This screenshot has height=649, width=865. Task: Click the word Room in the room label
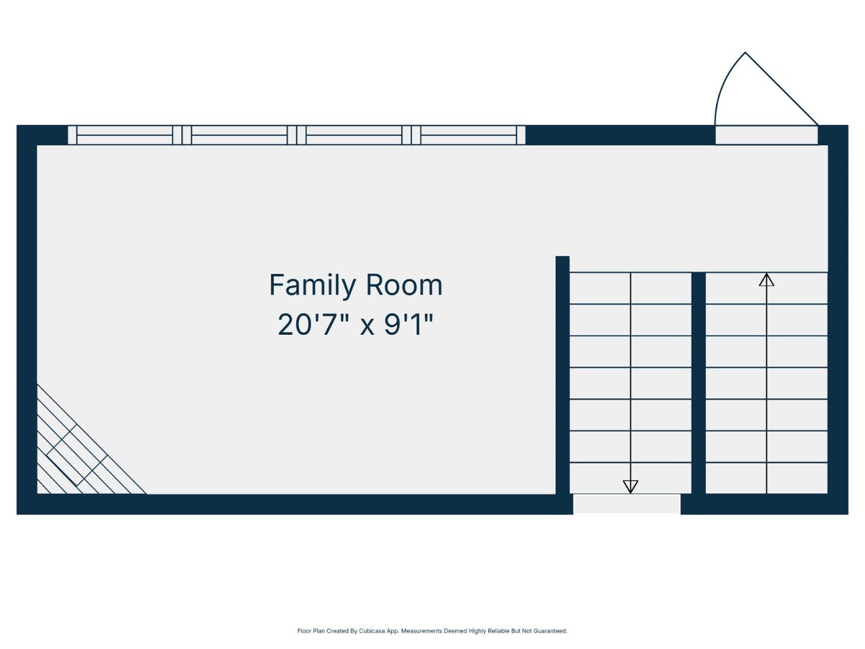tap(404, 285)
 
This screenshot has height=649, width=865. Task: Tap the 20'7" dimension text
tap(314, 325)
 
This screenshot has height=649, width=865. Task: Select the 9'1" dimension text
tap(408, 325)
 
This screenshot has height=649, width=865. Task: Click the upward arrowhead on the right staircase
tap(766, 280)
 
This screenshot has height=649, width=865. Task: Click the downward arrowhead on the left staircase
tap(630, 486)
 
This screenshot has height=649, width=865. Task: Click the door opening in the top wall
tap(766, 135)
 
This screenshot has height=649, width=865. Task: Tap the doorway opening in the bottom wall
tap(627, 504)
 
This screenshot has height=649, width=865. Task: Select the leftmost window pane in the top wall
tap(125, 135)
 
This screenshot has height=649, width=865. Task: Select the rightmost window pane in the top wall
tap(469, 135)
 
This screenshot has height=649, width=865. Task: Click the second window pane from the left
tap(239, 135)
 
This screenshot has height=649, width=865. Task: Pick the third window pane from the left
tap(354, 135)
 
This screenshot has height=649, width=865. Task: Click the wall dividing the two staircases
tap(699, 385)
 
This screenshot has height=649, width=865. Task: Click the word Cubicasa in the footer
tap(372, 631)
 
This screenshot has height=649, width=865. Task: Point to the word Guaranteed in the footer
tap(550, 631)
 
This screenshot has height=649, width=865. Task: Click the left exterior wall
tap(26, 318)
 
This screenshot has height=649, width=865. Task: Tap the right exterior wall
tap(838, 318)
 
